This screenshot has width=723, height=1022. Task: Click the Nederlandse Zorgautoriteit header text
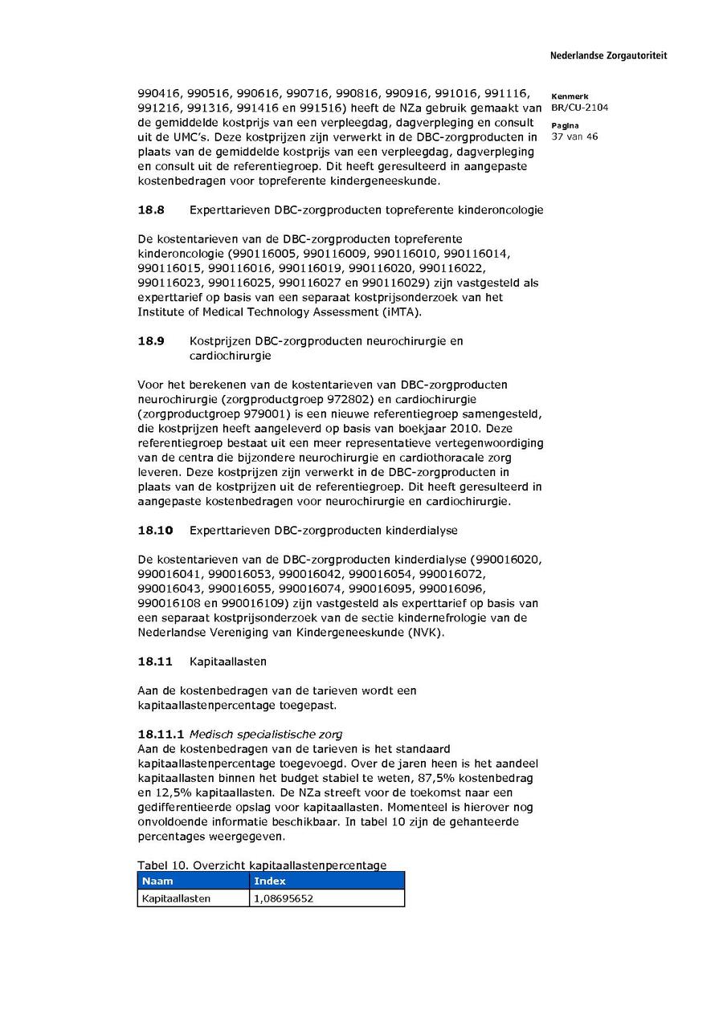coord(608,56)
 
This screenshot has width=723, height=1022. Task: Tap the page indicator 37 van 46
coord(574,136)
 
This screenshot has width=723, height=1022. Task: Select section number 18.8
coord(151,210)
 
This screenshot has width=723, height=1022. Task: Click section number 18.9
coord(151,341)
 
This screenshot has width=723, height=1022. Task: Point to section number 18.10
coord(155,531)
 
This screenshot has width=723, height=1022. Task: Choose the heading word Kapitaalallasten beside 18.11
coord(228,662)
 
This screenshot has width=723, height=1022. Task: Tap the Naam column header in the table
coord(157,881)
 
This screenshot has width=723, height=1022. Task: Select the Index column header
coord(269,881)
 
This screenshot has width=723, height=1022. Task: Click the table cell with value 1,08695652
coord(283,898)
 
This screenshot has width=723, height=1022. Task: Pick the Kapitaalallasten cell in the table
coord(176,898)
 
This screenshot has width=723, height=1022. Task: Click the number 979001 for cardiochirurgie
coord(274,414)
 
